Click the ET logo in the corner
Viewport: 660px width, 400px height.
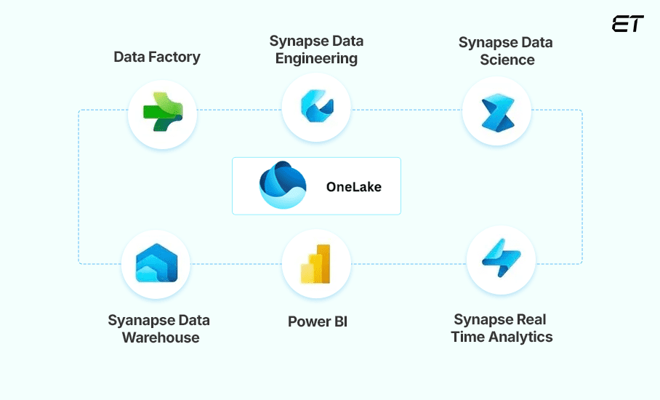point(627,24)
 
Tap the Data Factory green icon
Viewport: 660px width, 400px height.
point(162,112)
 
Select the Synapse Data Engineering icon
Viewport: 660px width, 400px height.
point(316,107)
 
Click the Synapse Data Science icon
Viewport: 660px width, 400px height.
point(497,112)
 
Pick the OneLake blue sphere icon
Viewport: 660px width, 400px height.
point(283,186)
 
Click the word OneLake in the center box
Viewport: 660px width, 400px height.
point(353,187)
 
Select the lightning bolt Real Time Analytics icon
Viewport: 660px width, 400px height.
point(501,260)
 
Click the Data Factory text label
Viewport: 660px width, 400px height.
point(158,56)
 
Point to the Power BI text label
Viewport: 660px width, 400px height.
point(318,321)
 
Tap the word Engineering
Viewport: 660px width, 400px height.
point(316,59)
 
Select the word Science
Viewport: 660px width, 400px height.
point(507,60)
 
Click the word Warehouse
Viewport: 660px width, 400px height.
point(160,337)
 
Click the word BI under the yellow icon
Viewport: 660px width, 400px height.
point(339,321)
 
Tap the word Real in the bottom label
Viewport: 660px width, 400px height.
point(528,319)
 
